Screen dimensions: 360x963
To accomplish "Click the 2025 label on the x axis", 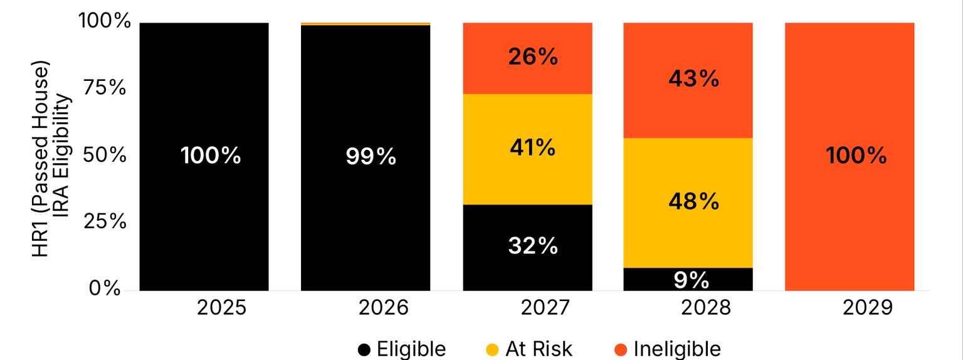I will [223, 308].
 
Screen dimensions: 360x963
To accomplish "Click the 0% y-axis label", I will [103, 289].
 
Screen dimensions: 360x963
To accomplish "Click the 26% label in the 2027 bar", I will [533, 57].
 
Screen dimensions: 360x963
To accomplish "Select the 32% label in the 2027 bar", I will [533, 246].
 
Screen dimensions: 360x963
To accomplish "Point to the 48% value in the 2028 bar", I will [693, 201].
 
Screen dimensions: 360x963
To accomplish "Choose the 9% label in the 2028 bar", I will [691, 280].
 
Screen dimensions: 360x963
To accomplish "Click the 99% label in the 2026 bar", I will [371, 156].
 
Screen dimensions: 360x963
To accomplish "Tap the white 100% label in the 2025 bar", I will [211, 156].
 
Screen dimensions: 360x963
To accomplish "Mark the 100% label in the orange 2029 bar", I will [856, 156].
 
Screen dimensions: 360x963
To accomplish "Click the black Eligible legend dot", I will [364, 349].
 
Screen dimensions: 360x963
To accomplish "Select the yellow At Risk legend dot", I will [493, 349].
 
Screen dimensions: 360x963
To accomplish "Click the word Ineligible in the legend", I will [677, 349].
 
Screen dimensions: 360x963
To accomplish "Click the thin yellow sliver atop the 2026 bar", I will [366, 24].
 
